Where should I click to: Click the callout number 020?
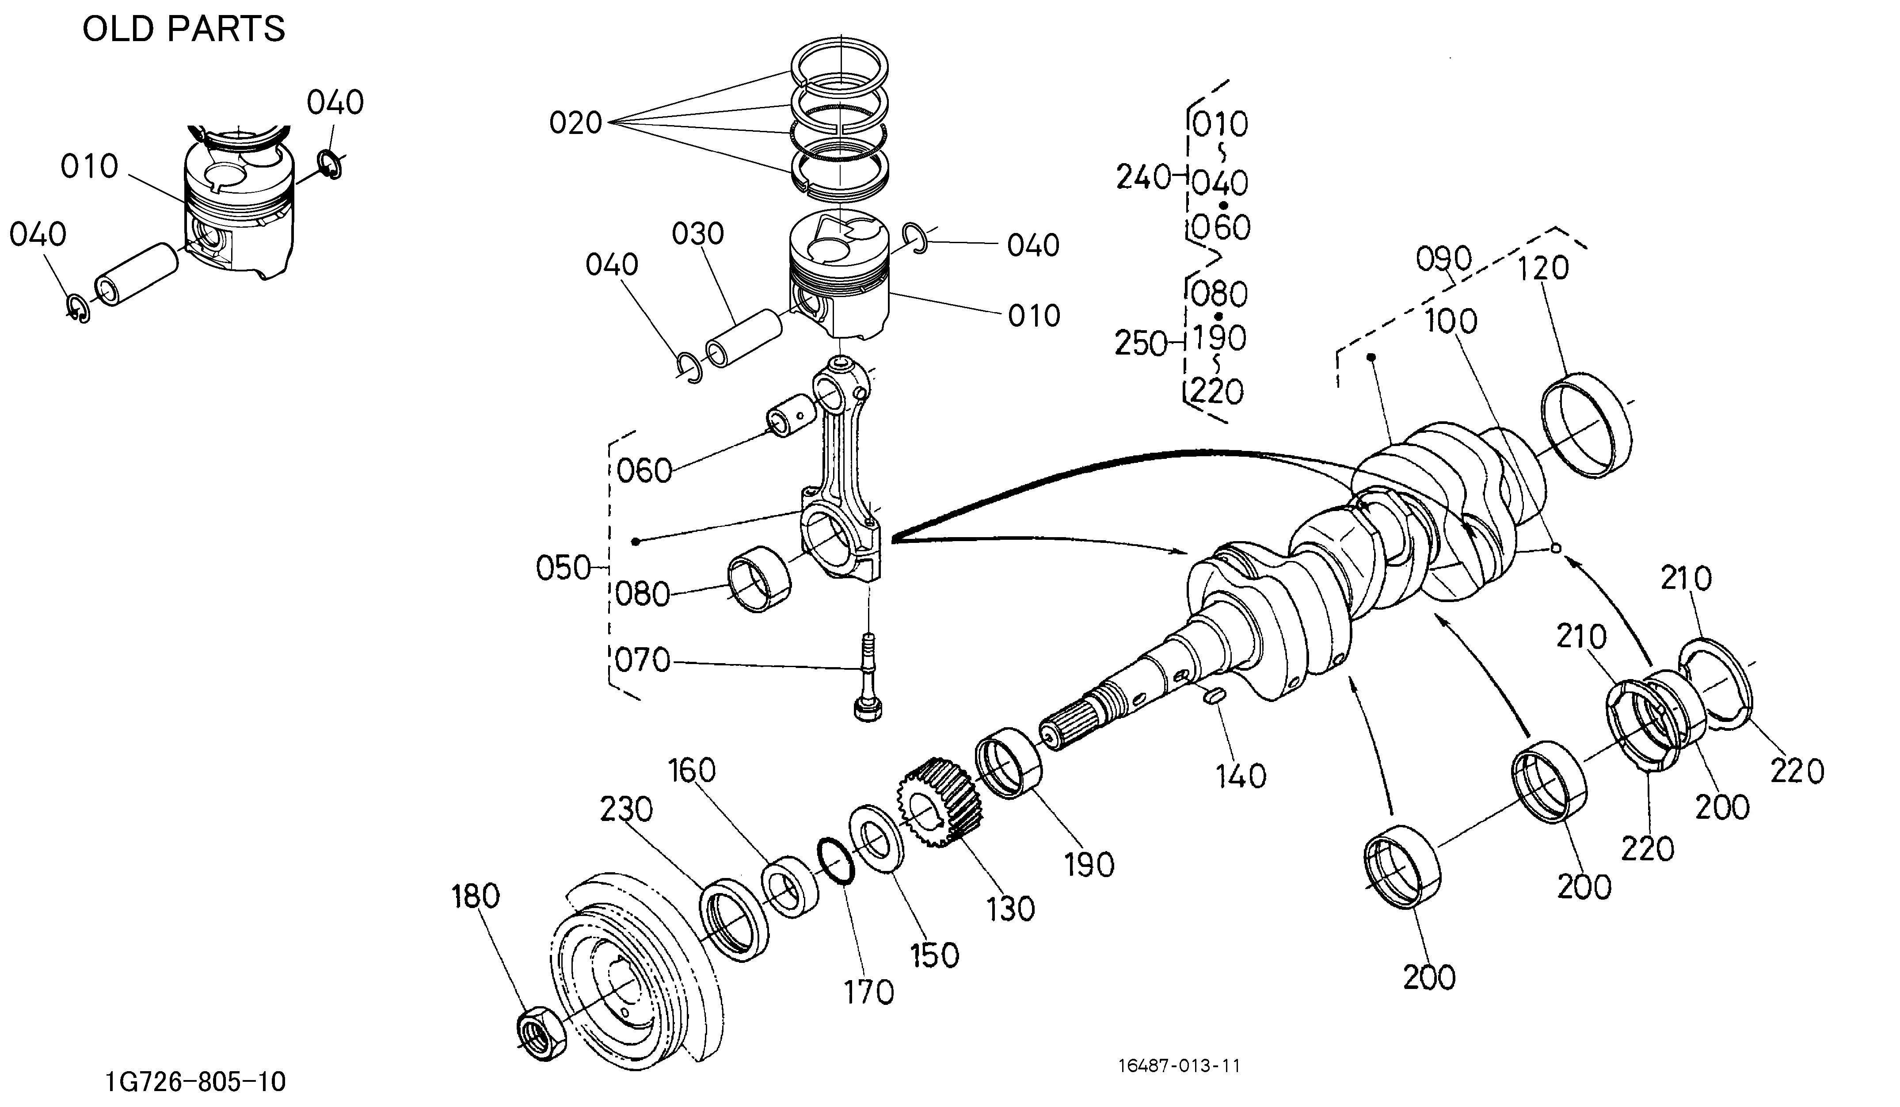[575, 122]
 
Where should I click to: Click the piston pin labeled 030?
[744, 338]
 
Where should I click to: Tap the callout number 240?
[1143, 178]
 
